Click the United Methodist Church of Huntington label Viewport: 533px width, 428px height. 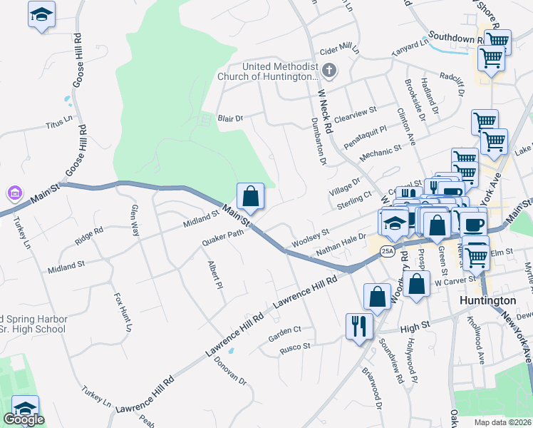[x=279, y=71]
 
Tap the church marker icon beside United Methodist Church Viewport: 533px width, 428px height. [x=328, y=71]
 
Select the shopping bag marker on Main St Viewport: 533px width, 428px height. [x=251, y=196]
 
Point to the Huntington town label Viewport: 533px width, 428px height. [x=487, y=301]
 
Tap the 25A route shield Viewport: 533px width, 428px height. [x=386, y=251]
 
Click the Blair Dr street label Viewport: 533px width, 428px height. [x=231, y=118]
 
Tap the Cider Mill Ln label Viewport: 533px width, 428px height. [x=338, y=49]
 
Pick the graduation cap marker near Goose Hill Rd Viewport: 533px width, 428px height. [x=41, y=14]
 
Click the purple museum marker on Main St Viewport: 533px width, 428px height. [x=14, y=193]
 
